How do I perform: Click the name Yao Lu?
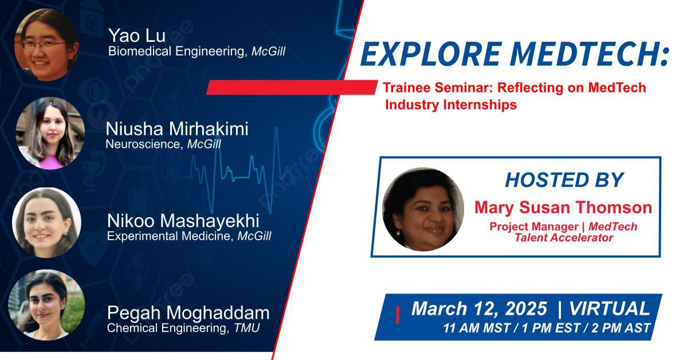(137, 35)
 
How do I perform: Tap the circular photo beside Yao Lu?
(46, 45)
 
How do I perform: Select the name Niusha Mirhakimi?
(177, 129)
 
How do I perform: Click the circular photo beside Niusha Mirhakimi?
(50, 134)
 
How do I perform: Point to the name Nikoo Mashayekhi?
(183, 221)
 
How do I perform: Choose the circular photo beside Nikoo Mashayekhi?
(46, 222)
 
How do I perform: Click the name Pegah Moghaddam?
(189, 313)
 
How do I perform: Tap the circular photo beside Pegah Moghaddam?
(46, 305)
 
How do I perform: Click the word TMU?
(247, 328)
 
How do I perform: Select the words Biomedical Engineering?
(176, 52)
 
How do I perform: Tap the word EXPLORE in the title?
(431, 54)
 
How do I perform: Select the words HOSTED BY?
(564, 180)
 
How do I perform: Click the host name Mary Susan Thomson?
(563, 208)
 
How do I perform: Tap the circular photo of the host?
(423, 210)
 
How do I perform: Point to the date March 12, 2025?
(480, 309)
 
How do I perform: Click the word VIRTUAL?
(610, 309)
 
